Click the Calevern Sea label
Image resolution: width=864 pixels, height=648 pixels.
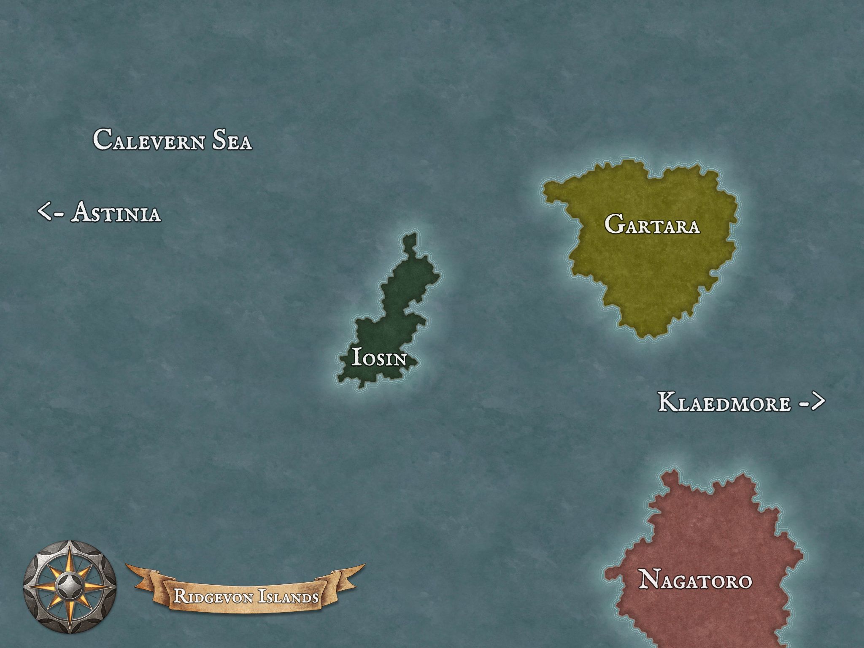172,140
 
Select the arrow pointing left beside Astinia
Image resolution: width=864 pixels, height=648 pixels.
51,211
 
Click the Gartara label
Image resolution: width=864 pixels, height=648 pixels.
652,224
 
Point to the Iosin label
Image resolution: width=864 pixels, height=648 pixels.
379,359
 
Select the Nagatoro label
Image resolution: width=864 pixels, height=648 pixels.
695,580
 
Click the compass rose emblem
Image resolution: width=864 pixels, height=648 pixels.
70,586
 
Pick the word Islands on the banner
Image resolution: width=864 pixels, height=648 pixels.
288,597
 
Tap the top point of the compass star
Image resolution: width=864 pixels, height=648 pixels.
70,548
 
